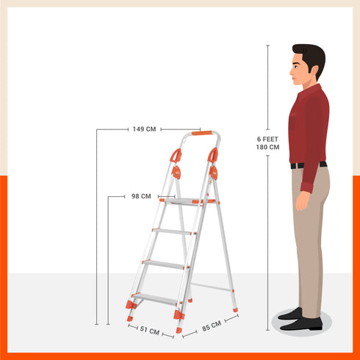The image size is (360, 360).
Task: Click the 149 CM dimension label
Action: point(144,129)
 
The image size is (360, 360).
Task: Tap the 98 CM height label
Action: point(141,196)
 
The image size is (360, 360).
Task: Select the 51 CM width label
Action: point(149,331)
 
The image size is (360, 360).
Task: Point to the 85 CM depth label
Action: point(212,325)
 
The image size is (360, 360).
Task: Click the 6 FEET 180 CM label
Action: point(267,143)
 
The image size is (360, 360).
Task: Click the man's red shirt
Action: point(309,125)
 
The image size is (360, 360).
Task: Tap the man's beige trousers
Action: point(312,235)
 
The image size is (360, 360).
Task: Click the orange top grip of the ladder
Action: point(202,134)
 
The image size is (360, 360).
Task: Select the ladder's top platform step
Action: point(187,201)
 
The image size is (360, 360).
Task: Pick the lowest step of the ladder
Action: point(155,298)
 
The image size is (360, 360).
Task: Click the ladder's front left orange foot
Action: point(131,303)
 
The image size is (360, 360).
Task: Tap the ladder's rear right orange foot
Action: point(235,309)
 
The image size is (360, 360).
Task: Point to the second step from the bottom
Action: point(165,264)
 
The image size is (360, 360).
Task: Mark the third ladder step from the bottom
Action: point(174,231)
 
